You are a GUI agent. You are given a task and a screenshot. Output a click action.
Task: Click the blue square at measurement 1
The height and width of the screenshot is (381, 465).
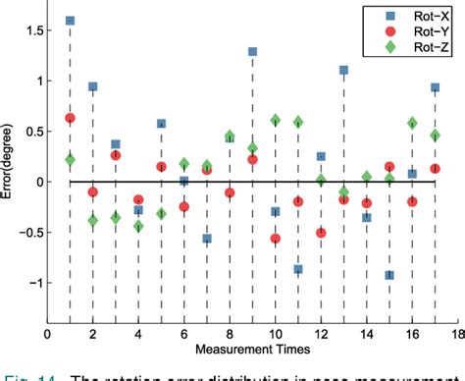[70, 21]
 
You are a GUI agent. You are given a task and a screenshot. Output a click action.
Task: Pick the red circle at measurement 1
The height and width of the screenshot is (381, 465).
[70, 118]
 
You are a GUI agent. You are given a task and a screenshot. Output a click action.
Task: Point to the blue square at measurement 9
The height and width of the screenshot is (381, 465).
[252, 51]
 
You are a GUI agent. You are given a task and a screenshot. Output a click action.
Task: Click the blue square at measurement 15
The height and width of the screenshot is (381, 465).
[389, 275]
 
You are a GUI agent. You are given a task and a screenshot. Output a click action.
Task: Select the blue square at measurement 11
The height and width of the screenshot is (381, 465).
[298, 269]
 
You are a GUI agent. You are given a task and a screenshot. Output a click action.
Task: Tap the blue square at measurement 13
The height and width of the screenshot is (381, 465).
[344, 71]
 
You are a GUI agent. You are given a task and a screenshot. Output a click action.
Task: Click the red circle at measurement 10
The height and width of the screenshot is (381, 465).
[276, 239]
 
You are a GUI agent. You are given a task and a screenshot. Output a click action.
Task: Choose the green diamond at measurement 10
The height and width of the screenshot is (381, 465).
[276, 121]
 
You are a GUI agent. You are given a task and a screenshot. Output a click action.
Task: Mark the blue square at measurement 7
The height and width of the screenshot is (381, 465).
[207, 239]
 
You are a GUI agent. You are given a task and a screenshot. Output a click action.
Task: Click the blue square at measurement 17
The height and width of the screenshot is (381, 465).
[436, 87]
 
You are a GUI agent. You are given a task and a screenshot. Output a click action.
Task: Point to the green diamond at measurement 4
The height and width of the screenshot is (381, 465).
[138, 226]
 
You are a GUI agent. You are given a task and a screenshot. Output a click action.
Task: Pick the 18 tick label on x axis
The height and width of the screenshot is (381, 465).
[458, 334]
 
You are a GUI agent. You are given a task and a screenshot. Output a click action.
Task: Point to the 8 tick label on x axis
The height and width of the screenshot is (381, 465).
[230, 334]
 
